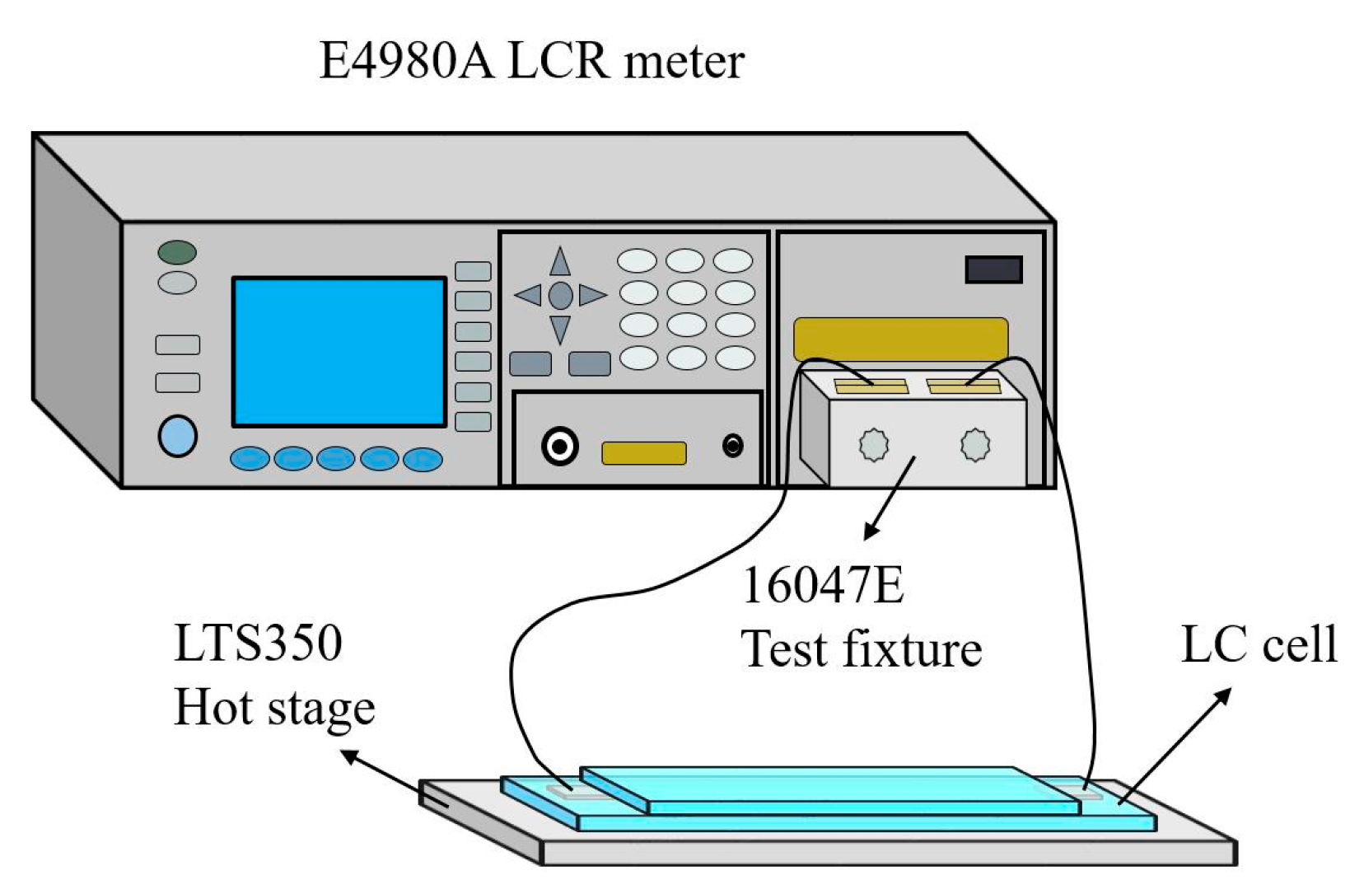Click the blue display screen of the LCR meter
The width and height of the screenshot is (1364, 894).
pyautogui.click(x=339, y=352)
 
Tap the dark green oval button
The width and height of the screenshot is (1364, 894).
pyautogui.click(x=177, y=252)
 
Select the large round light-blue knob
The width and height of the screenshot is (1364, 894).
pyautogui.click(x=177, y=436)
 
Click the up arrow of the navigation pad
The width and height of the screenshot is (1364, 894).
pyautogui.click(x=560, y=263)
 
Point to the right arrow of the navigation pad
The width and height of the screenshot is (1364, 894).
pyautogui.click(x=591, y=295)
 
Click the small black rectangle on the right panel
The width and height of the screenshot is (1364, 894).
pyautogui.click(x=993, y=269)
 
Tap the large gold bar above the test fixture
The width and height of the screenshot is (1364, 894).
pyautogui.click(x=900, y=339)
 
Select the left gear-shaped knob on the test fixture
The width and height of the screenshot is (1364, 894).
pyautogui.click(x=874, y=446)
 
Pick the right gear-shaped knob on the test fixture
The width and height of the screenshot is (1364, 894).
pyautogui.click(x=975, y=445)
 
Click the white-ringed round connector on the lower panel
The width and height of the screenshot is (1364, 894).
pyautogui.click(x=560, y=447)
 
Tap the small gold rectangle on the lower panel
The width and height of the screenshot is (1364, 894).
pyautogui.click(x=643, y=453)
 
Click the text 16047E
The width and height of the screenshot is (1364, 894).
pyautogui.click(x=822, y=586)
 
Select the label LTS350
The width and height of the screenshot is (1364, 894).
pyautogui.click(x=258, y=644)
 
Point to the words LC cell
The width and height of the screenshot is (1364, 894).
pyautogui.click(x=1258, y=644)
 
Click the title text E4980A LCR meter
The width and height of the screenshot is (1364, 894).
pyautogui.click(x=531, y=61)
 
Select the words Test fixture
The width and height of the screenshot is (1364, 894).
pyautogui.click(x=861, y=649)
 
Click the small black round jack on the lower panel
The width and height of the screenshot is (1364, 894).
pyautogui.click(x=732, y=446)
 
